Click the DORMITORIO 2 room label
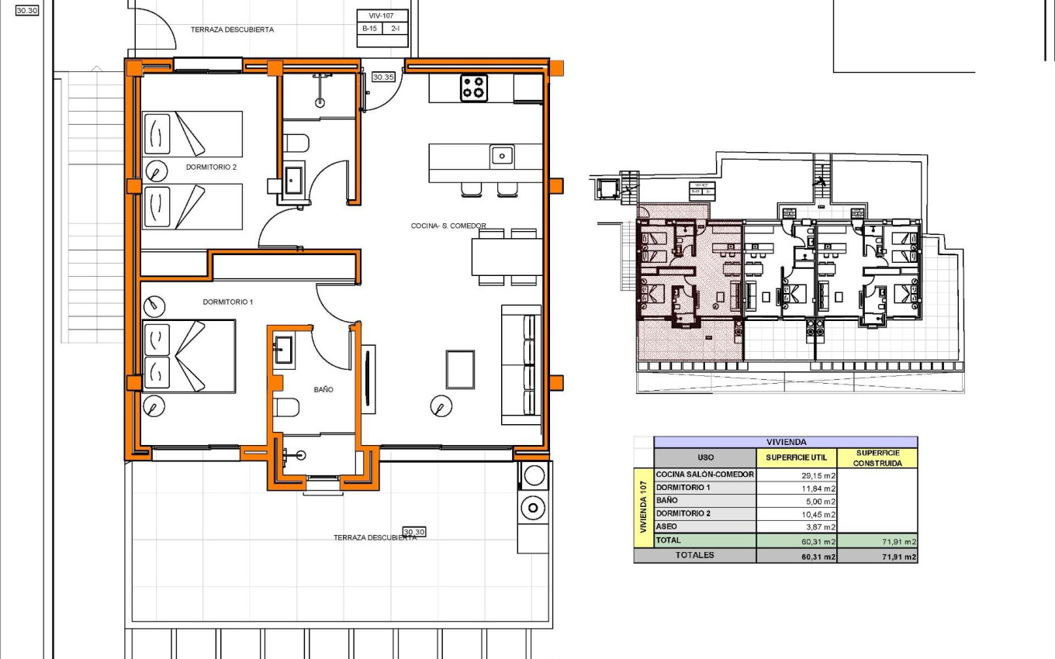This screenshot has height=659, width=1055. (x=211, y=167)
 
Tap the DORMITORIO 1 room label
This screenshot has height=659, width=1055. (x=228, y=302)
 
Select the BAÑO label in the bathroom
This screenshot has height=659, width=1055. (x=323, y=390)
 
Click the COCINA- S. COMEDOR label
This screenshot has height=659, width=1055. (x=448, y=226)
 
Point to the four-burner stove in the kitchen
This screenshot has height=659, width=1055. (x=474, y=88)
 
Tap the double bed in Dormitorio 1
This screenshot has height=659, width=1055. (x=189, y=356)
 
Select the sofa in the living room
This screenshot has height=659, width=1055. (x=521, y=364)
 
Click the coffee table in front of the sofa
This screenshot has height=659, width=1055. (x=460, y=370)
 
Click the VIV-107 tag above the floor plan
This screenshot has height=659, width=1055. (x=382, y=15)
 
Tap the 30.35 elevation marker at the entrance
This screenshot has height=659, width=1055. (x=383, y=77)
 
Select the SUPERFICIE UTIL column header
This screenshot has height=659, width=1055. (x=796, y=457)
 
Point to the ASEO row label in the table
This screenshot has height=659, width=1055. (x=666, y=526)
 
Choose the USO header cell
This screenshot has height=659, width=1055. (x=705, y=457)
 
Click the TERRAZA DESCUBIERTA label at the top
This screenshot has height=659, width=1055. (x=232, y=29)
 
